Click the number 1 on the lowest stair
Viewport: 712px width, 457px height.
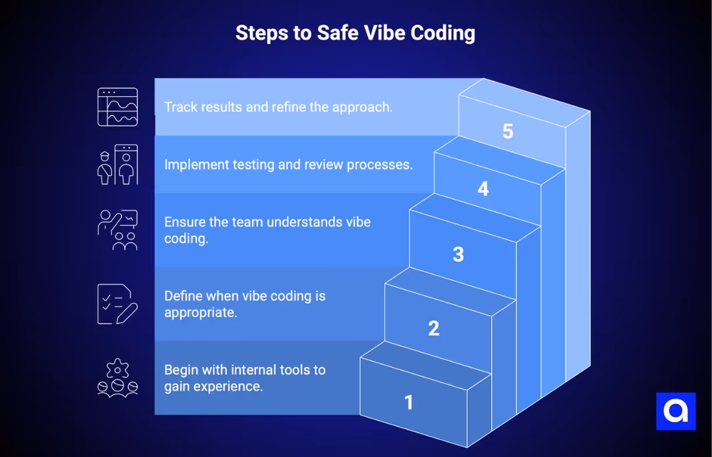pyautogui.click(x=409, y=402)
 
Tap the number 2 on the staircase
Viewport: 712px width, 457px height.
pyautogui.click(x=434, y=329)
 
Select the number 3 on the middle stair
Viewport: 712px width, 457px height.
pyautogui.click(x=458, y=254)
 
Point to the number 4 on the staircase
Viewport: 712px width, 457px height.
pyautogui.click(x=483, y=189)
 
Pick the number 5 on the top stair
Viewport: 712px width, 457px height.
pyautogui.click(x=507, y=132)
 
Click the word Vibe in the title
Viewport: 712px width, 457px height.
pyautogui.click(x=378, y=33)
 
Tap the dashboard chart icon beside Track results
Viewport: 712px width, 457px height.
pyautogui.click(x=117, y=107)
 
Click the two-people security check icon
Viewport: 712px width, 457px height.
pyautogui.click(x=117, y=165)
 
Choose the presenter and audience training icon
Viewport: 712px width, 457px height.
pyautogui.click(x=117, y=230)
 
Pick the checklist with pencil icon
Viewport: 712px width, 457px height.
pyautogui.click(x=117, y=304)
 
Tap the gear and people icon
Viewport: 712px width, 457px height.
pyautogui.click(x=117, y=378)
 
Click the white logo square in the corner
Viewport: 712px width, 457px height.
pyautogui.click(x=675, y=411)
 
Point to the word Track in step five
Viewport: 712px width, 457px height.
pyautogui.click(x=180, y=107)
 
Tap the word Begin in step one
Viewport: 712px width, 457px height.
pyautogui.click(x=180, y=370)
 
